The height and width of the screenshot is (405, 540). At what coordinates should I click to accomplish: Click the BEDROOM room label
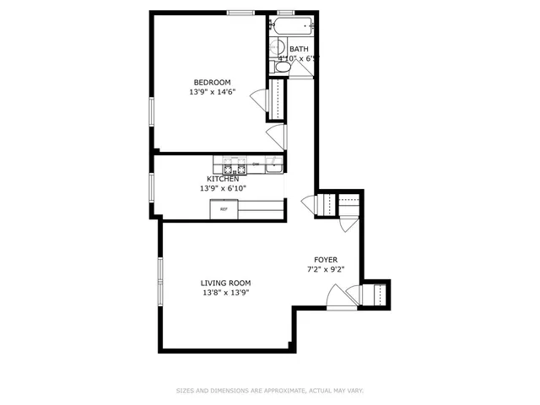pyautogui.click(x=212, y=82)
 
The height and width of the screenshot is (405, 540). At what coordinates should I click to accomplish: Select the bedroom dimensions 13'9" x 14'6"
pyautogui.click(x=212, y=93)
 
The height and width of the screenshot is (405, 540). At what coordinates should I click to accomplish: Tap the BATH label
pyautogui.click(x=299, y=49)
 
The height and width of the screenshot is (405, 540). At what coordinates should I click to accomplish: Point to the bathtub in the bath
pyautogui.click(x=294, y=26)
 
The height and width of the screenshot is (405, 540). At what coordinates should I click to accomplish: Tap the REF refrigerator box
pyautogui.click(x=224, y=209)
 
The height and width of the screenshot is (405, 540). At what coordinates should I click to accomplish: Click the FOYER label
pyautogui.click(x=326, y=260)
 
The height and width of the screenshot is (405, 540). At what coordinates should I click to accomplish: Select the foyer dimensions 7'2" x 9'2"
pyautogui.click(x=326, y=270)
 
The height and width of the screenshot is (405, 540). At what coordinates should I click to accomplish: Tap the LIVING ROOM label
pyautogui.click(x=225, y=283)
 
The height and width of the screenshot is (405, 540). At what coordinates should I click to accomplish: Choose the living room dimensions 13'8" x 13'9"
pyautogui.click(x=225, y=293)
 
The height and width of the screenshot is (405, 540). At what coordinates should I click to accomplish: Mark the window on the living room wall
pyautogui.click(x=159, y=279)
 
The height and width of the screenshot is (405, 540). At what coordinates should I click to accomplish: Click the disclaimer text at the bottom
pyautogui.click(x=269, y=391)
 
